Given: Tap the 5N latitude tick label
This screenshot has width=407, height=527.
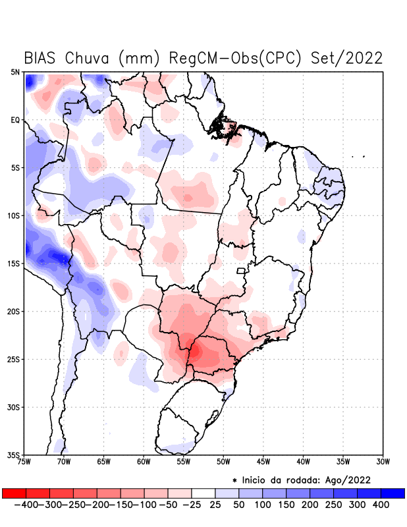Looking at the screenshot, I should (14, 72).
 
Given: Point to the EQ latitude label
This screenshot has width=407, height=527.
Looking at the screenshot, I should (15, 120).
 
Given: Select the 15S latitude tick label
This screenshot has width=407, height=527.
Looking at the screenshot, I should (13, 263).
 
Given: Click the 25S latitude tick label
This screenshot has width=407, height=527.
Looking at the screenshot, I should (13, 359).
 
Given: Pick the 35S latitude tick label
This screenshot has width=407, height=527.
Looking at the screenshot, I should (13, 455).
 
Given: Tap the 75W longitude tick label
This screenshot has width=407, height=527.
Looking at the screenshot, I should (25, 462).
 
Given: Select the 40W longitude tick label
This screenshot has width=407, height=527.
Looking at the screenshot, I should (303, 462).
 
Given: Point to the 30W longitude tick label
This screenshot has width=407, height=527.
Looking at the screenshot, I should (383, 462).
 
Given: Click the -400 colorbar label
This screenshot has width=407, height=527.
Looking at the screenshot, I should (25, 505).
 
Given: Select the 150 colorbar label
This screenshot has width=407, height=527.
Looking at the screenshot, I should (285, 505).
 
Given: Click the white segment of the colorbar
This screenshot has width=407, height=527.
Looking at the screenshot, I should (203, 493).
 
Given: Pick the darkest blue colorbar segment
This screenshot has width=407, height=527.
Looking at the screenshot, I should (393, 493).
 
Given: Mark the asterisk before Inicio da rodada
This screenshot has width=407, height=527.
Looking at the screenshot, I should (234, 480).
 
